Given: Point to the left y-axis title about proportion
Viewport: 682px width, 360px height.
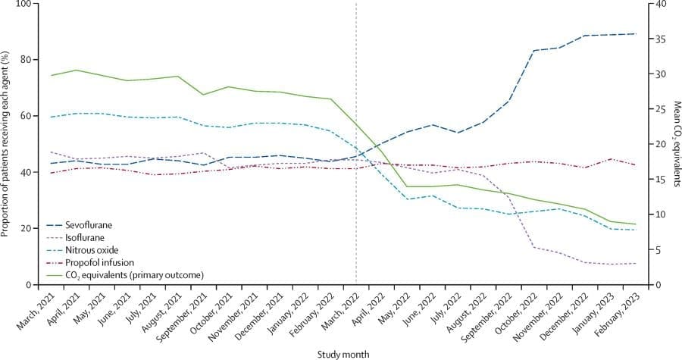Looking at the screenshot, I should (x=7, y=144).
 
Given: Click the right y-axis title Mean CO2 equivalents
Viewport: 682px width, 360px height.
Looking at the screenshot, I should (x=674, y=144).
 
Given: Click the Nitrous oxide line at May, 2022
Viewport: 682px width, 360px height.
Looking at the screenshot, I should (x=407, y=199).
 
